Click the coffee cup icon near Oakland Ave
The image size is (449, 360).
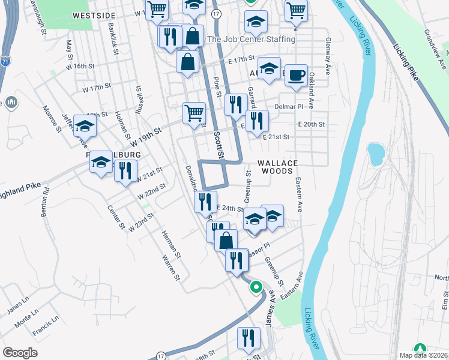point(296,76)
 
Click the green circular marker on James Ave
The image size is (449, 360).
point(257,287)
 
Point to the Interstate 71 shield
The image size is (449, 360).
point(5,61)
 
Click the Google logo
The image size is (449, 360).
point(20,353)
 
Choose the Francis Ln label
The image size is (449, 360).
point(46,331)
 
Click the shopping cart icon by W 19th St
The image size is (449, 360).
point(194,112)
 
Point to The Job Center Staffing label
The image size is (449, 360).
point(250,40)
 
